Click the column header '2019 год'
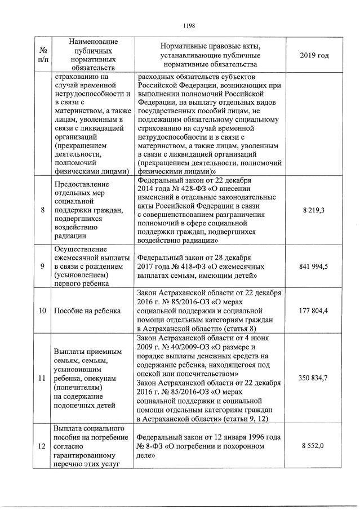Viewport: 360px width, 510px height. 315,55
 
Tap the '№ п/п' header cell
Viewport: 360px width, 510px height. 43,55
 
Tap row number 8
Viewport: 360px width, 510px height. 43,210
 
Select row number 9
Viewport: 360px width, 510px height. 43,266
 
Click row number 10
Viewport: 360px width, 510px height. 43,311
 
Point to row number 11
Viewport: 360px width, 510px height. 43,378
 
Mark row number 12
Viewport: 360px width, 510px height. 43,445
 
